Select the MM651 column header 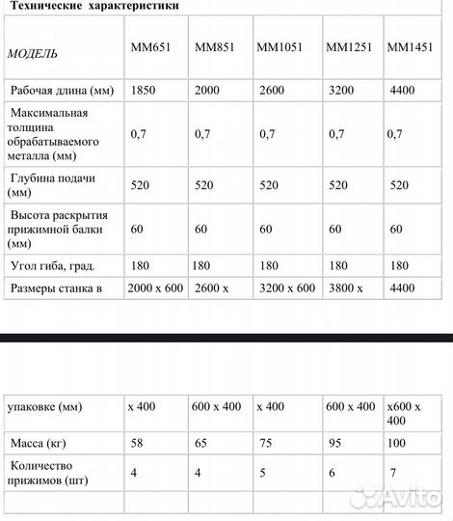pos(149,46)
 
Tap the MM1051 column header pos(278,46)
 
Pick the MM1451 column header pos(409,46)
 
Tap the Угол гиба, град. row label pos(53,264)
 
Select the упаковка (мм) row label pos(45,406)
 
